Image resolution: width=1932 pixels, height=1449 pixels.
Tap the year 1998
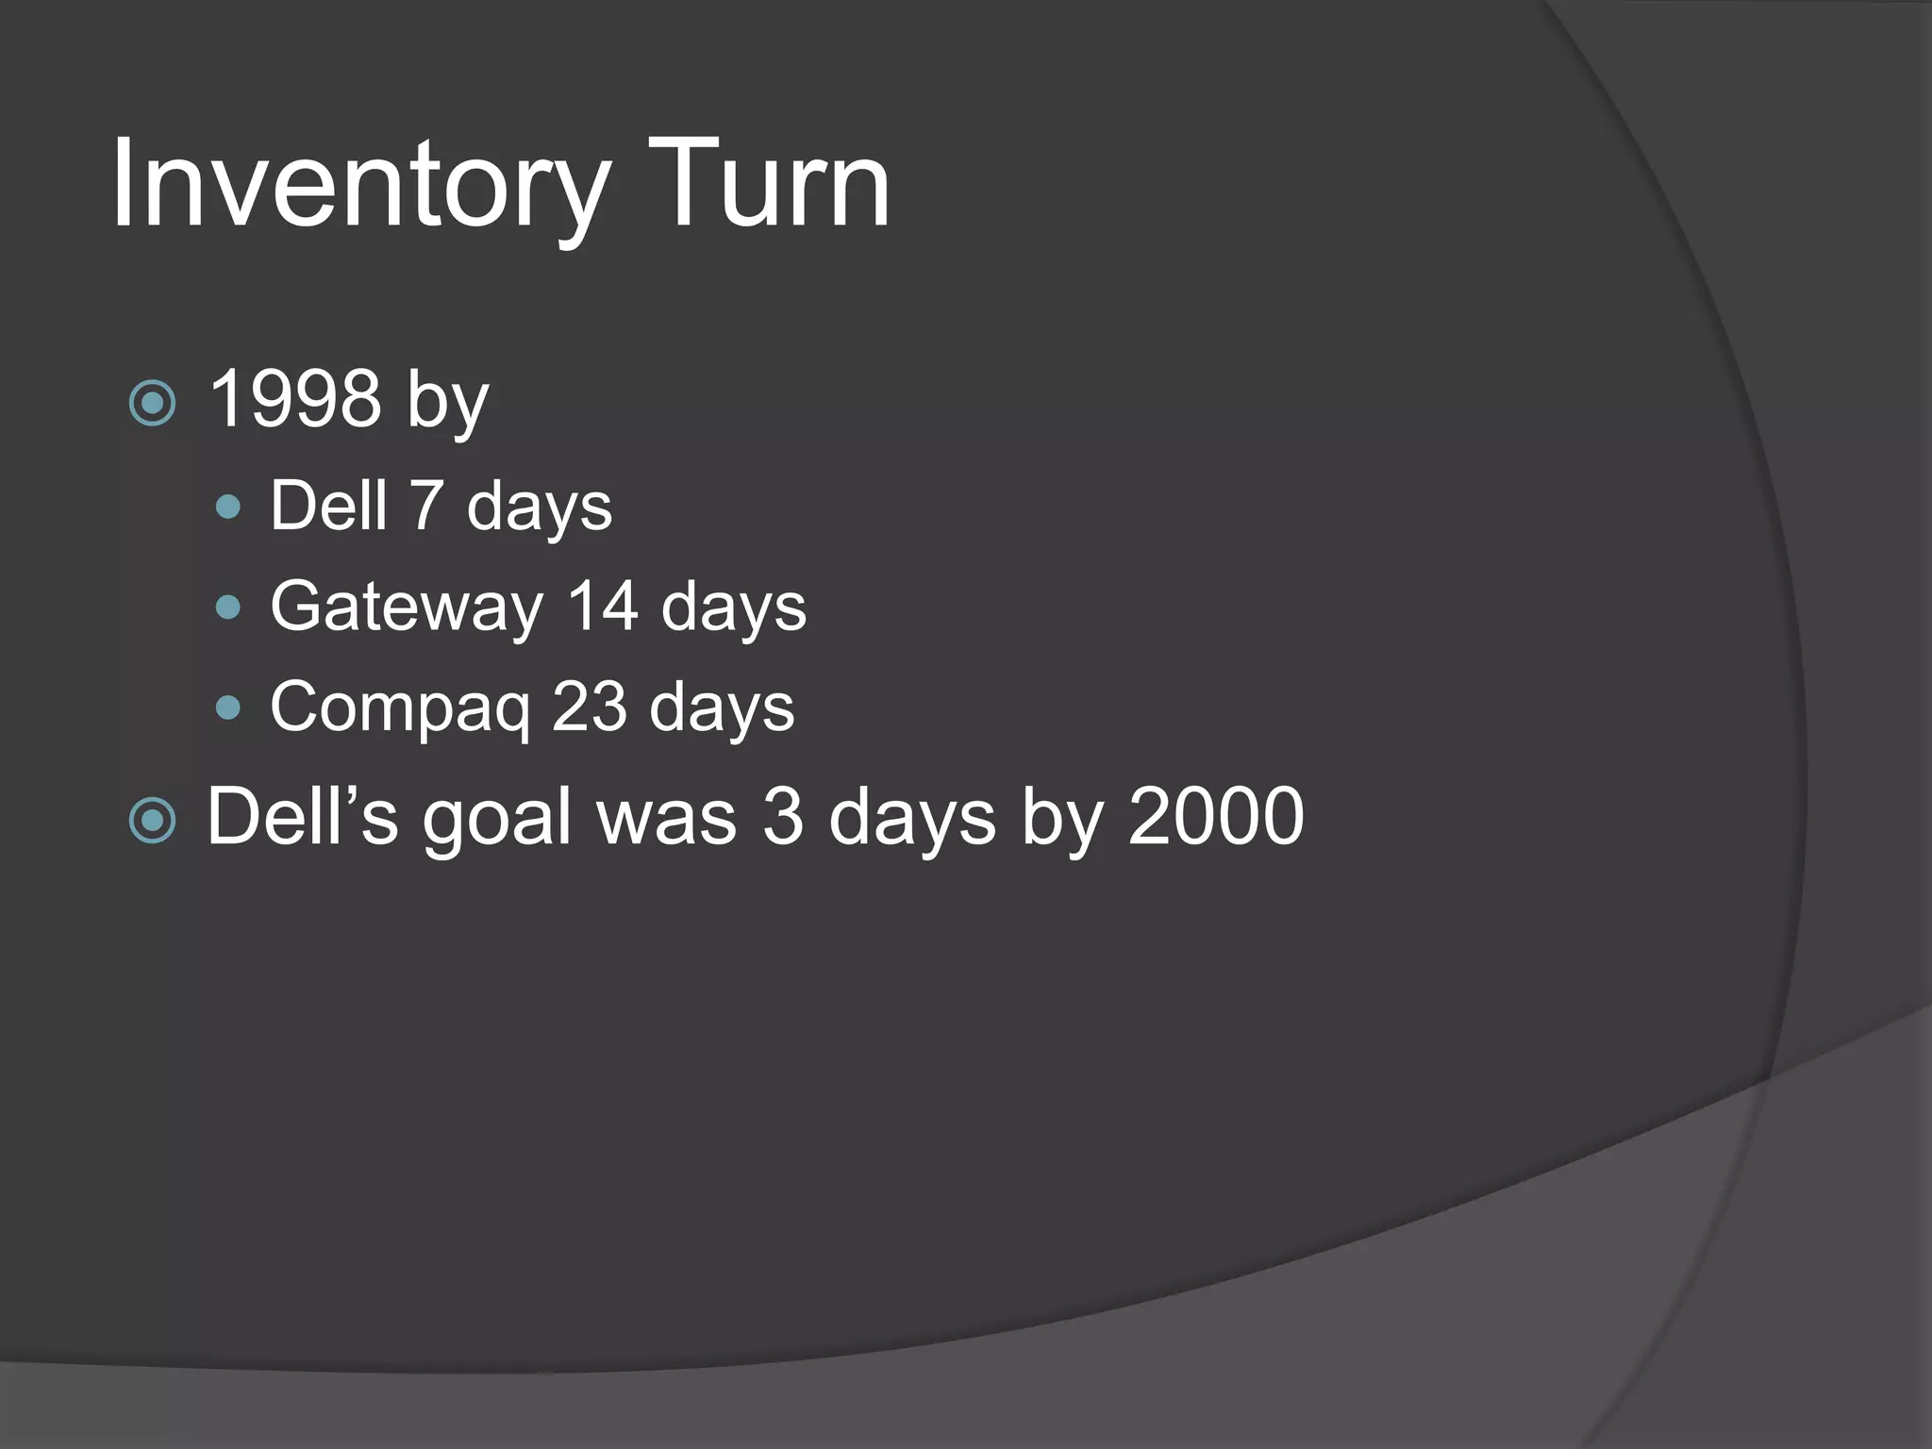294,399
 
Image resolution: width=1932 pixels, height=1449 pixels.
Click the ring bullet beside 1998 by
152,404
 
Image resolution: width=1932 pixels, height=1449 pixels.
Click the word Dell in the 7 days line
328,506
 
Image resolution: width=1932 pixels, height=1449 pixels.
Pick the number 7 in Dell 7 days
426,506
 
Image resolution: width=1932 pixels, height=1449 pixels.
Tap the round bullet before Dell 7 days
228,508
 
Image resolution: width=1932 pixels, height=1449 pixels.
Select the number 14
603,606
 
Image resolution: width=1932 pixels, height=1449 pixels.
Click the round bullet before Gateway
228,607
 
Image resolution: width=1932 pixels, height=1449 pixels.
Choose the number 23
590,707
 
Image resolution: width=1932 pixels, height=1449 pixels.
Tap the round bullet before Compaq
228,708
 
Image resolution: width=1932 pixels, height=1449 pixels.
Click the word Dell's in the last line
302,816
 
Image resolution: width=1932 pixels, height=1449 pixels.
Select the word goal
497,819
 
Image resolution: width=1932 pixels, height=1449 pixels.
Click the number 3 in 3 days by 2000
782,817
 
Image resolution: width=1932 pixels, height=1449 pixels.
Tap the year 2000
1216,817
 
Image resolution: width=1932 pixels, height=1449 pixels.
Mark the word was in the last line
666,819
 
